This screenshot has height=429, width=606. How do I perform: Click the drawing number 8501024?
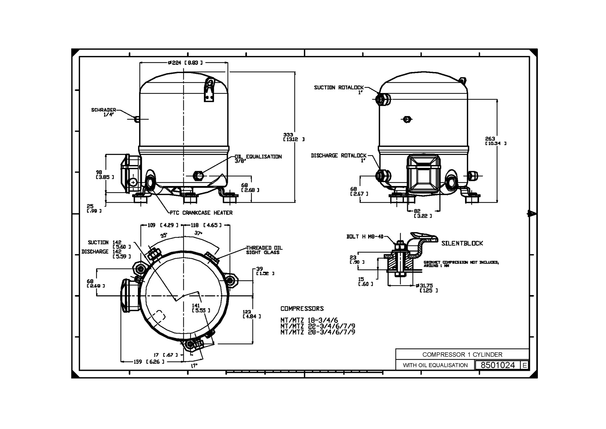(x=498, y=365)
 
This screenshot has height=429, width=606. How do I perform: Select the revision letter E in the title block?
(x=524, y=365)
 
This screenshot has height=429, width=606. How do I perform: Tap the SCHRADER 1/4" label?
(x=104, y=112)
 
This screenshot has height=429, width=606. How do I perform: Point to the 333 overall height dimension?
(x=288, y=135)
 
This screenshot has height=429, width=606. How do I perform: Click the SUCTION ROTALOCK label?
(x=338, y=88)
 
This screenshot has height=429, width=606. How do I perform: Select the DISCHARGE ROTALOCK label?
(x=338, y=155)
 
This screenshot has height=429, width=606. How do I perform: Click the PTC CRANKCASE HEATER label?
(x=201, y=213)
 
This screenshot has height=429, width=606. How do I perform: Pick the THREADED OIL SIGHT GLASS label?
(x=264, y=250)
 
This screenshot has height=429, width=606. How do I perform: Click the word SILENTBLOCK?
(x=462, y=243)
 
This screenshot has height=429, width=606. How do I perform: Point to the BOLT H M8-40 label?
(x=365, y=237)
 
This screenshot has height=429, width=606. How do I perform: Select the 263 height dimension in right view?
(x=490, y=139)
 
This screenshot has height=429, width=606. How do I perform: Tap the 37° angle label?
(x=198, y=233)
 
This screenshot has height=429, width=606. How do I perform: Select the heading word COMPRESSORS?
(x=302, y=309)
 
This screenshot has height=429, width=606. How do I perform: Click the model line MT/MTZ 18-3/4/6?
(x=309, y=320)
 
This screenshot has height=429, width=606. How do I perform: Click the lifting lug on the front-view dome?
(x=209, y=89)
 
